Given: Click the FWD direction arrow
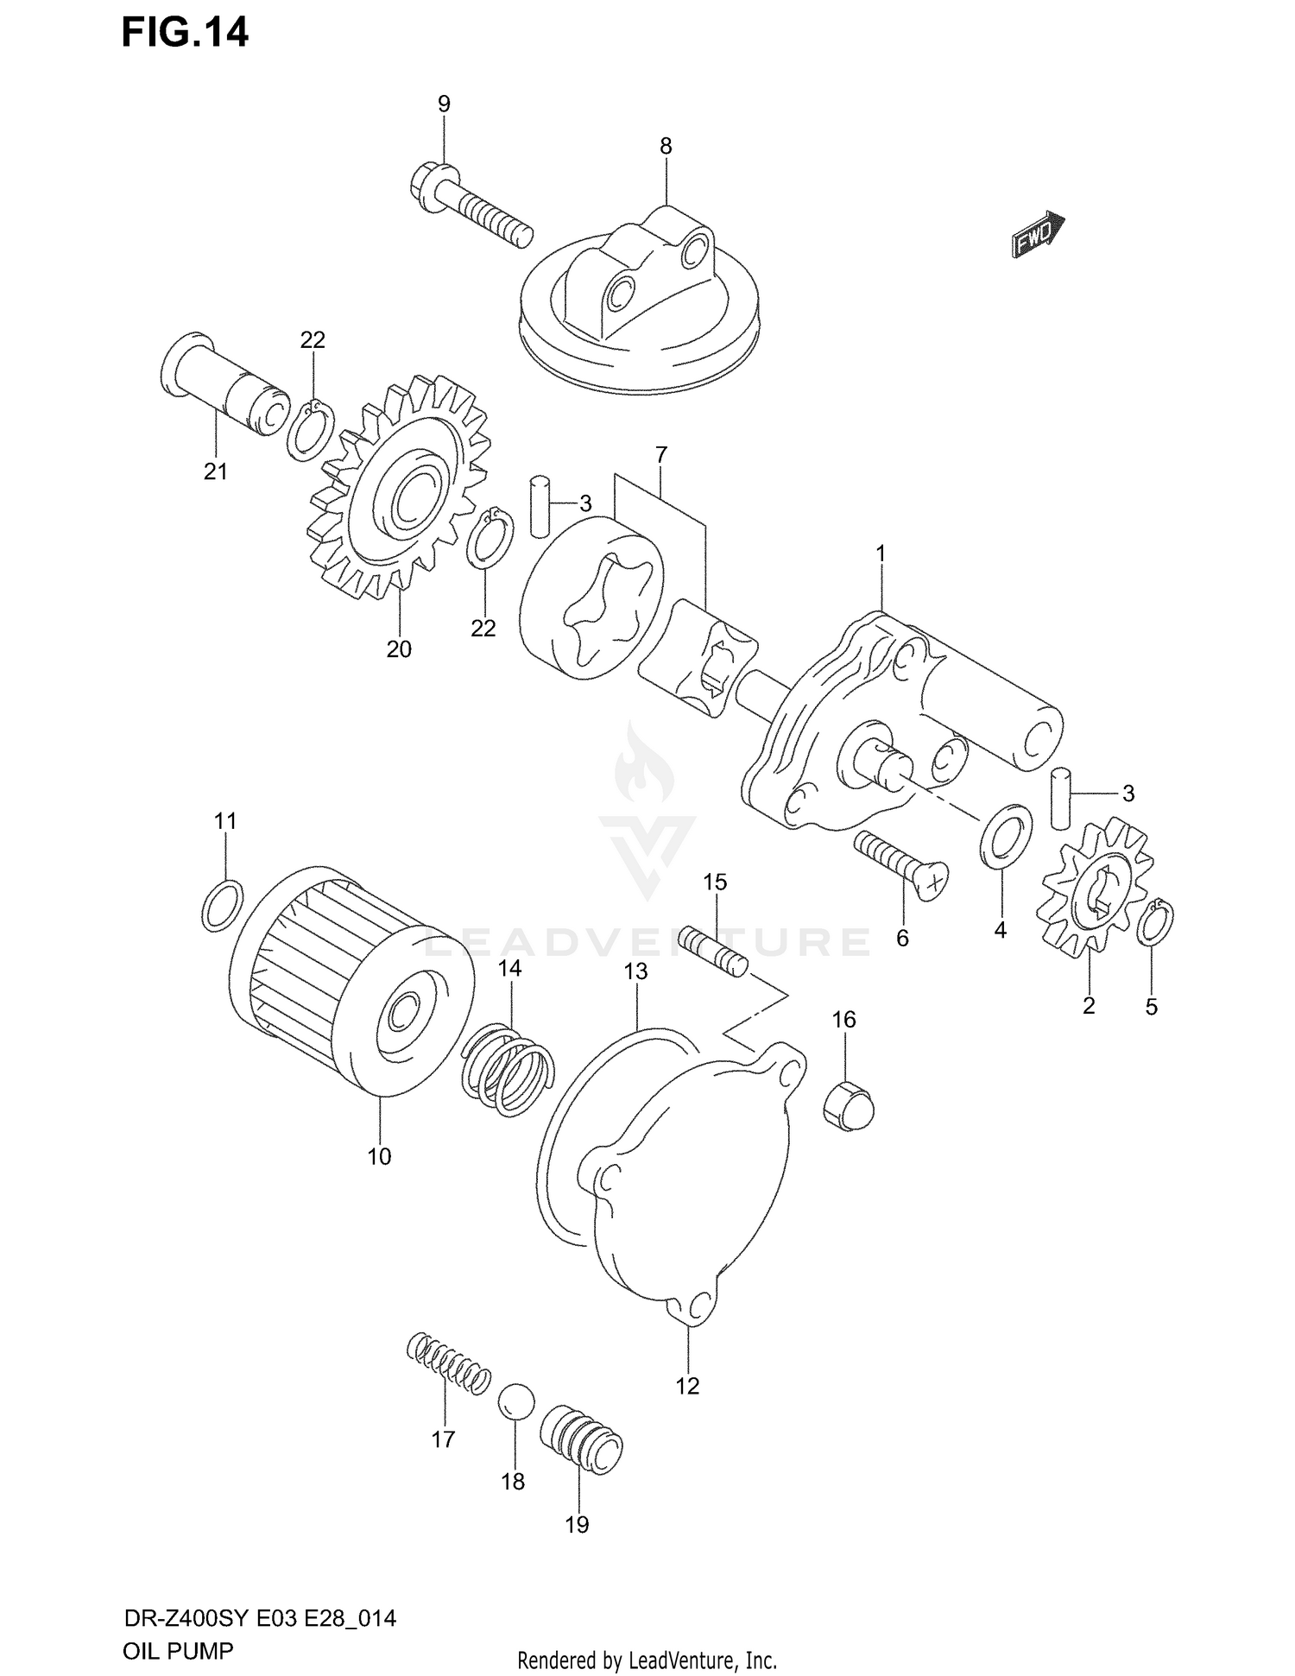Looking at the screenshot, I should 1038,235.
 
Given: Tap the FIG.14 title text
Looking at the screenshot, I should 185,33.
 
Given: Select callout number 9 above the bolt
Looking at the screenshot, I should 444,104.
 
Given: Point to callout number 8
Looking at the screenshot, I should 666,147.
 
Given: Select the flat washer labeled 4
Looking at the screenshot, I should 1006,836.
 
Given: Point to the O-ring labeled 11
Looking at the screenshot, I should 223,905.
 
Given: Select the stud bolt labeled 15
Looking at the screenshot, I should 714,951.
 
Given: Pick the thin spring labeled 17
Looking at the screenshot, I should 448,1363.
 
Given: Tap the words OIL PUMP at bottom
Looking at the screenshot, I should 178,1650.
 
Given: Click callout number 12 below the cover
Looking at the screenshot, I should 687,1386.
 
